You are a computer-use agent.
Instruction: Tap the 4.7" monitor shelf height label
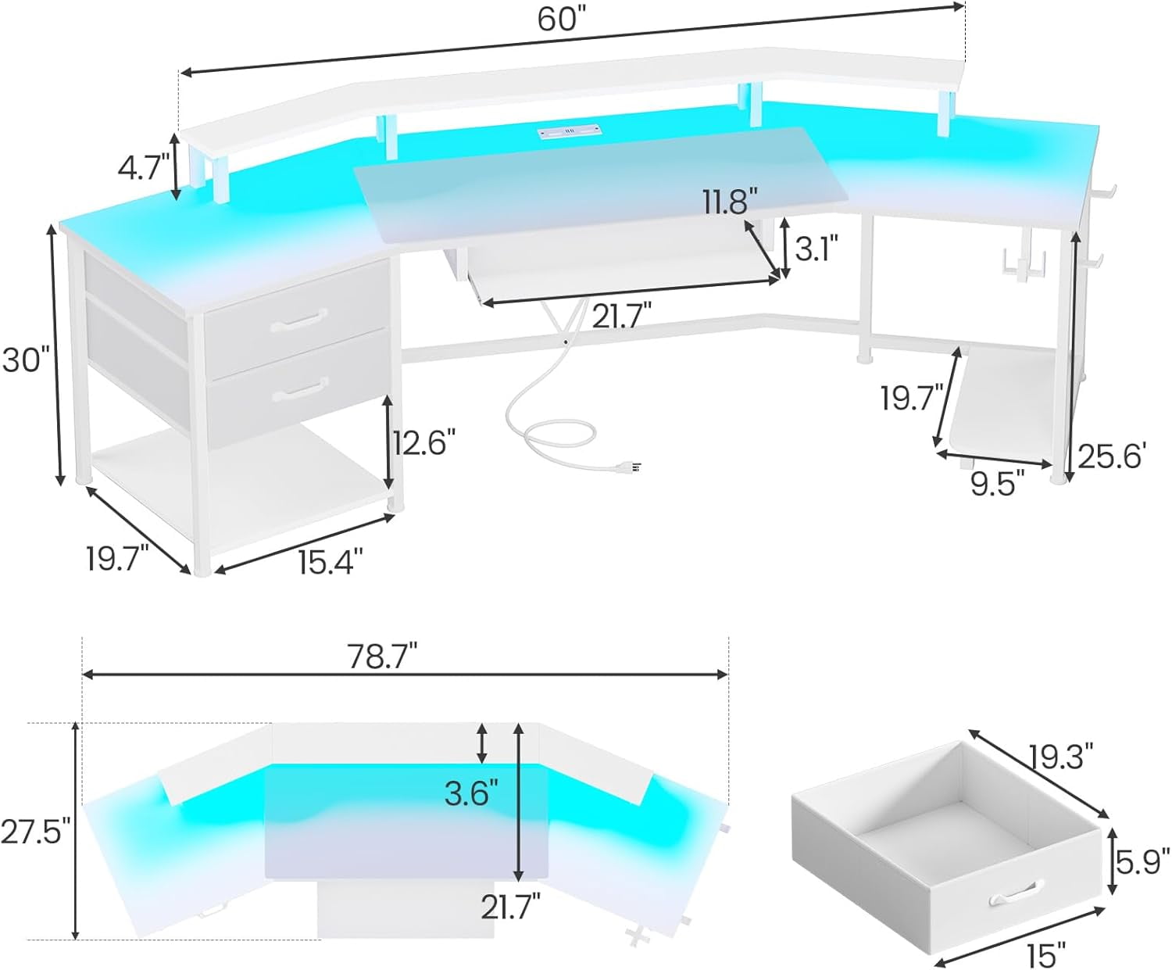tap(143, 168)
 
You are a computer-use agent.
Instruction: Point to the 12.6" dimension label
tap(423, 443)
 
